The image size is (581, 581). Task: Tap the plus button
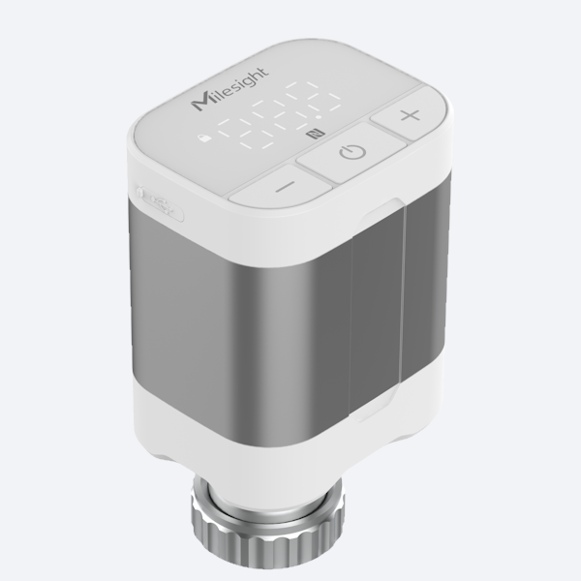411,117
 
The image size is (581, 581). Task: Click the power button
352,152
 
